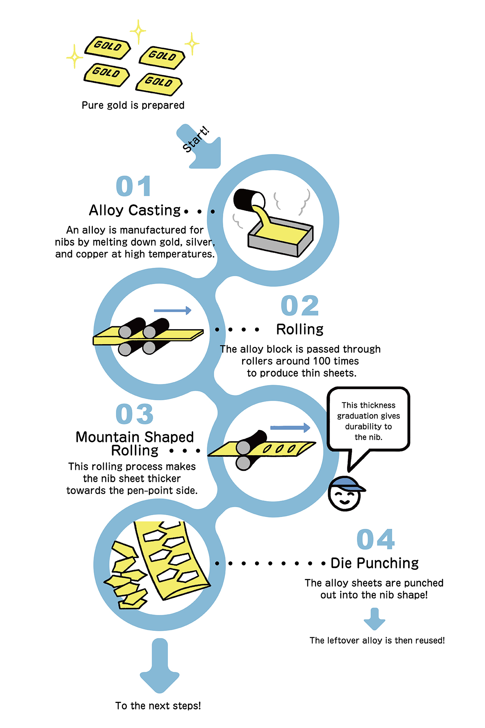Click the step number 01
click(x=133, y=186)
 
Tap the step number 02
click(x=300, y=306)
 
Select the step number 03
click(x=135, y=414)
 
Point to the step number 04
click(x=375, y=539)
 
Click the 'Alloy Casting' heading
click(x=135, y=210)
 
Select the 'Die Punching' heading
click(x=374, y=563)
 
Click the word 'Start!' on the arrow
click(x=196, y=140)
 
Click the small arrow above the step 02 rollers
click(x=172, y=311)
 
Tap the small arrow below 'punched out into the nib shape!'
click(x=374, y=618)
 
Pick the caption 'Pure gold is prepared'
click(x=133, y=105)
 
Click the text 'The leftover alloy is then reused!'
click(x=377, y=640)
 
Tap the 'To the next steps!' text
click(x=158, y=706)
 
